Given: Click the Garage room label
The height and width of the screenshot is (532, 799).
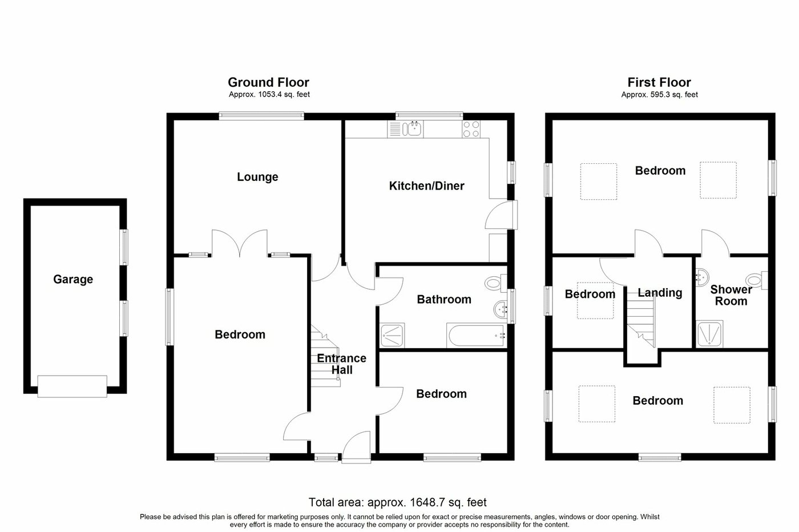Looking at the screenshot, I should tap(73, 280).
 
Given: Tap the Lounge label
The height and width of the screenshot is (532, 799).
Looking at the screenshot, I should tap(257, 177).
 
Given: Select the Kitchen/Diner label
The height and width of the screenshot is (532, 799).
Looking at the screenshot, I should tap(427, 186).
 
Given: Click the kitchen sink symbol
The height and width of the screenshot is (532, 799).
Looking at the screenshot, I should tap(412, 129).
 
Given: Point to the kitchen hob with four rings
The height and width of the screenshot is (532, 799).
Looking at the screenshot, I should tap(471, 130).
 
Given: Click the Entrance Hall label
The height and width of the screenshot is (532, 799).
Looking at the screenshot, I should tap(341, 364).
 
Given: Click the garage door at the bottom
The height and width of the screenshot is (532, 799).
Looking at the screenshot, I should tap(72, 386).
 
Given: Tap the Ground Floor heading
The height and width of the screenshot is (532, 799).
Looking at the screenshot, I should tap(268, 83).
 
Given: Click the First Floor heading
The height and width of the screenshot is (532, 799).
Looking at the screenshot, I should tap(659, 83).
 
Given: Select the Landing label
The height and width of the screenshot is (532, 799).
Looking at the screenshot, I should tap(660, 293).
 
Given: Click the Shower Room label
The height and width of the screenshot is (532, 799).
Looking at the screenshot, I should tap(731, 295).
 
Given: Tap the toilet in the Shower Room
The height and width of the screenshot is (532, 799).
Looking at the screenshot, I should tap(757, 280).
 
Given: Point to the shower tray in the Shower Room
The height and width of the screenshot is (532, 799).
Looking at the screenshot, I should tap(711, 334).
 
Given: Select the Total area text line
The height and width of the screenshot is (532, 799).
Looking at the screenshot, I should tap(398, 503).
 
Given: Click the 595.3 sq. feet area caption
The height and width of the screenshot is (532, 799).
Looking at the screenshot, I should tap(659, 95).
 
